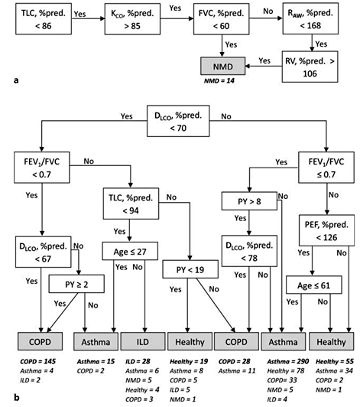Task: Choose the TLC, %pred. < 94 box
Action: coord(131,204)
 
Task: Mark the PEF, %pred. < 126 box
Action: coord(326,232)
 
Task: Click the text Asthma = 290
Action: coord(283,360)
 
